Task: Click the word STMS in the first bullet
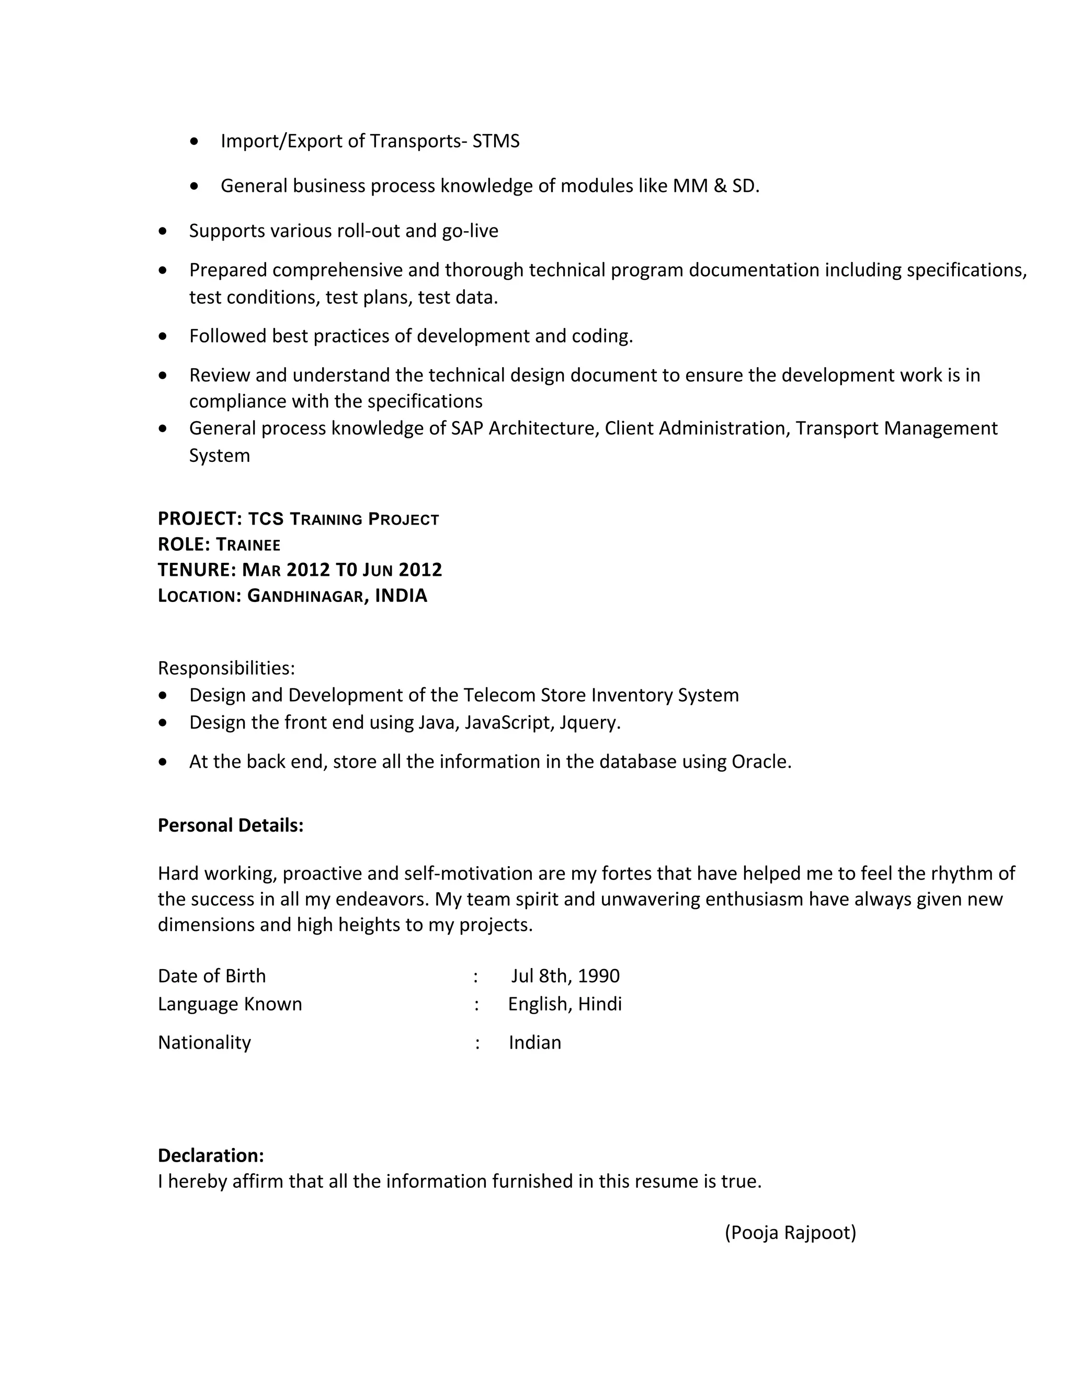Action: [496, 141]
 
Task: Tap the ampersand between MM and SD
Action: [720, 186]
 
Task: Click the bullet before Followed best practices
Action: [163, 336]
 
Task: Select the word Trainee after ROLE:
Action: [248, 544]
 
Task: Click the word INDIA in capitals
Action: [401, 596]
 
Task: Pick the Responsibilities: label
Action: [226, 668]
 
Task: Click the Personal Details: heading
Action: [230, 826]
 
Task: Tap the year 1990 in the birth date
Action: [598, 976]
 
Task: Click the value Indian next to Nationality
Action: [535, 1043]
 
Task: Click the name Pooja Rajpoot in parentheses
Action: [790, 1232]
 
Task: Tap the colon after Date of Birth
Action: [475, 976]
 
